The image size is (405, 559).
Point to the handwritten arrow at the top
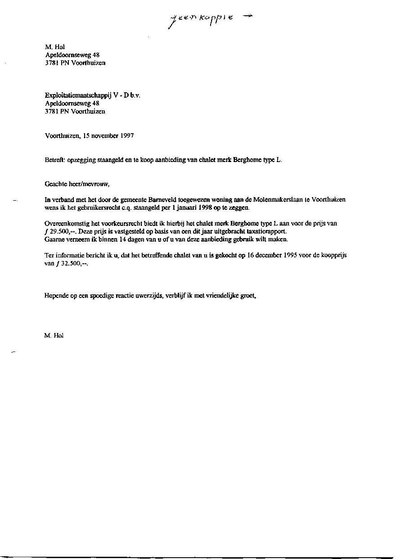point(247,16)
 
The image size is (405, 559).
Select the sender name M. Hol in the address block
point(55,47)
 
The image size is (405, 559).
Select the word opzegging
point(81,160)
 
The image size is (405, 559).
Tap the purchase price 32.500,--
point(74,263)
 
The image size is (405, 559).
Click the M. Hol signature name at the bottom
point(54,335)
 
